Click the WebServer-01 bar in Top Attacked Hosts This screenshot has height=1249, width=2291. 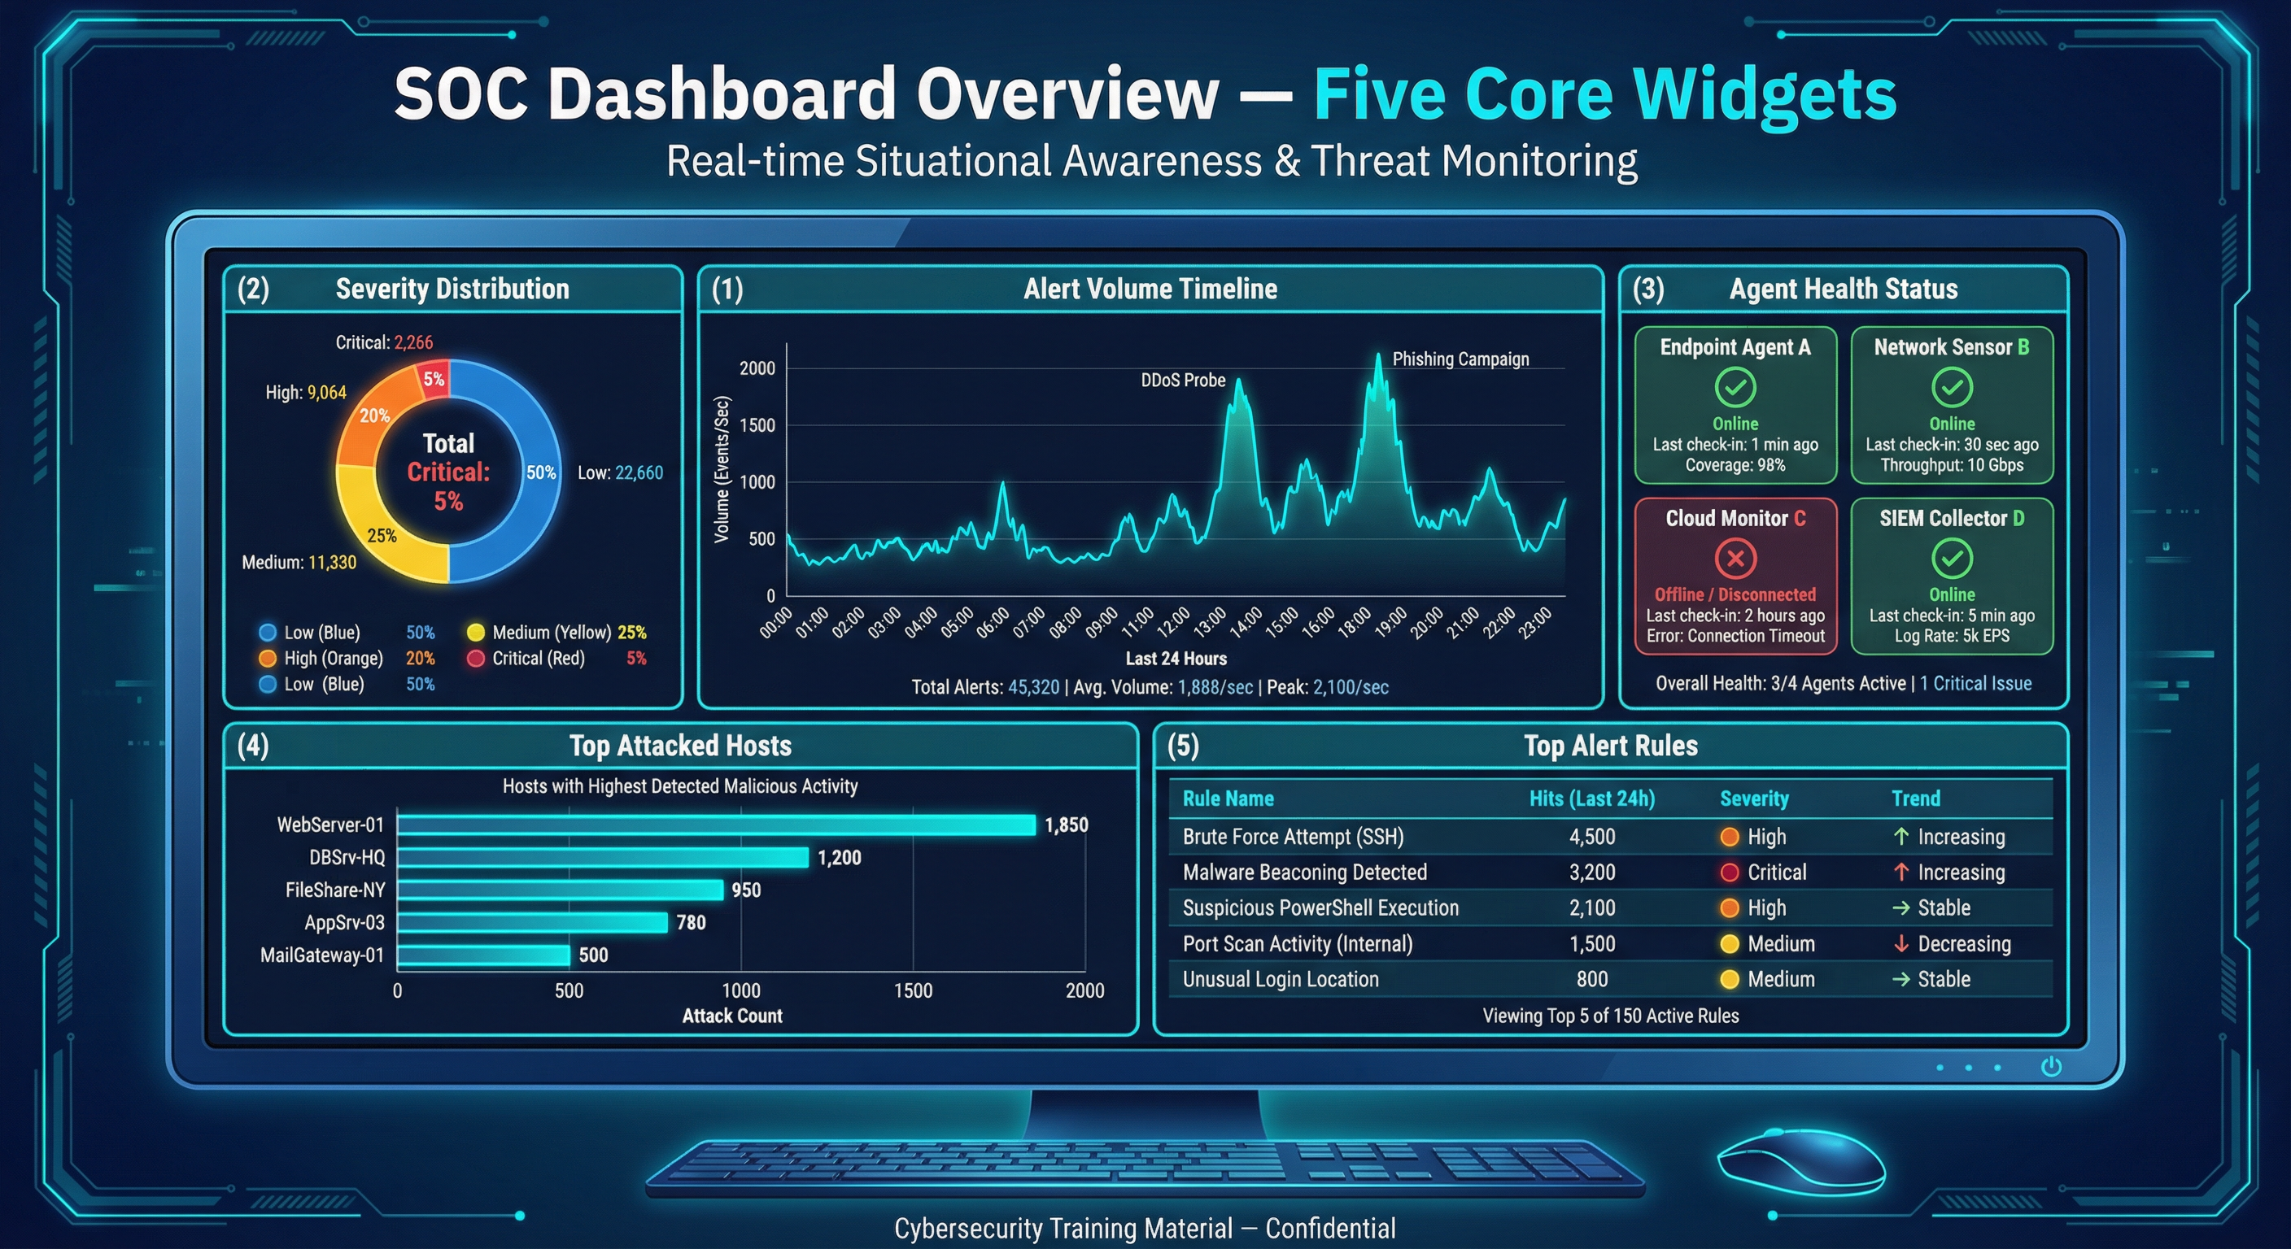716,825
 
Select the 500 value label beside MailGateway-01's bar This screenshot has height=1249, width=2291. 593,955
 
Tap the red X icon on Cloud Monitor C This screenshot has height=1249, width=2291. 1735,559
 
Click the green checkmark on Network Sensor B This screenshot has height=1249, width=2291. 1951,388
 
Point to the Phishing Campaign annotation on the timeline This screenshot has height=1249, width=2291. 1460,359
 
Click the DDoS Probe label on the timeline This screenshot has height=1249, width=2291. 1182,381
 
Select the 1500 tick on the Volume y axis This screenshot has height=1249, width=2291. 757,425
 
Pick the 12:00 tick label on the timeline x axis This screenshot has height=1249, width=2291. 1173,621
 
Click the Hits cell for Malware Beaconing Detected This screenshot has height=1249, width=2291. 1591,872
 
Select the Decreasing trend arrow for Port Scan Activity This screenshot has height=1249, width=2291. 1900,944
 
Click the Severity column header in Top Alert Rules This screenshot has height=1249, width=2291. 1753,799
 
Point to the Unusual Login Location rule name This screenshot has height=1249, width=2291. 1280,980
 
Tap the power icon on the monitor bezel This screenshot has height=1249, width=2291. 2051,1066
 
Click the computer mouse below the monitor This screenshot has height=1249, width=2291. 1801,1160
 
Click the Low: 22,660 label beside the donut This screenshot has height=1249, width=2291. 620,473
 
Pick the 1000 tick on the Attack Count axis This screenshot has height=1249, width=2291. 741,990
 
